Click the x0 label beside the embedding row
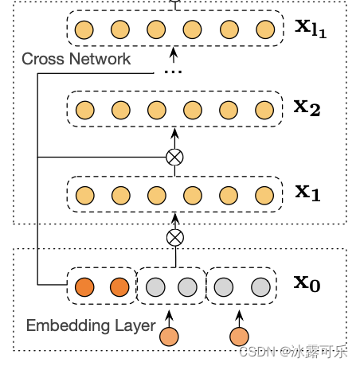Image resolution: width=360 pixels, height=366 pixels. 307,282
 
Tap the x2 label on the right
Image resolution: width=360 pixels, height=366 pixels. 307,107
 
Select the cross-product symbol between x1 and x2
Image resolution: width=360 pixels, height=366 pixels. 174,157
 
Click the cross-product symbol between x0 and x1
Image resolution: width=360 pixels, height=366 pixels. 174,237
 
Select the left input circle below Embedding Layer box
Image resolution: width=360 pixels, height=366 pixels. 169,337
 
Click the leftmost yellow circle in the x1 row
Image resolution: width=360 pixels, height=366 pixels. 84,196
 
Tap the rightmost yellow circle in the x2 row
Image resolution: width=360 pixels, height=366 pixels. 264,110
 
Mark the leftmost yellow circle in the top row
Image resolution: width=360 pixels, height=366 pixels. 84,31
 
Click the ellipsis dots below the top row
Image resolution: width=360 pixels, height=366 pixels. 174,71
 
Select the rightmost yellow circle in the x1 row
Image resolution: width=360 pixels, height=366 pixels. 264,196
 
